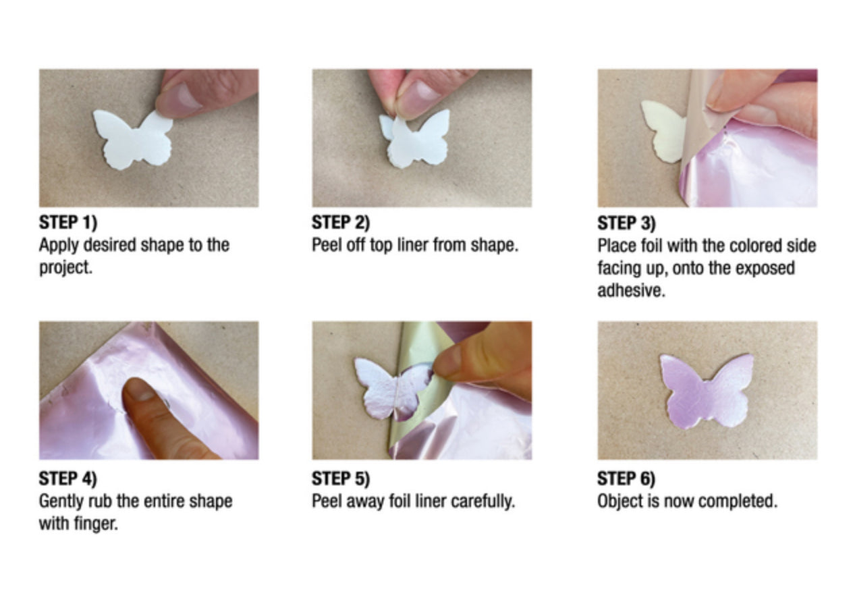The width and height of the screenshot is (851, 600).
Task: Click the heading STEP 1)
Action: [68, 222]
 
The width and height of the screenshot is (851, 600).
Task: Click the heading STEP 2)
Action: [341, 222]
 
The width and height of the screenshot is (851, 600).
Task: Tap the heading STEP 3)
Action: [626, 223]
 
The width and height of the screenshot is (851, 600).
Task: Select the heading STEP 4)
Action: [68, 479]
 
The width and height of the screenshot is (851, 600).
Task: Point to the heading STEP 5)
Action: [341, 479]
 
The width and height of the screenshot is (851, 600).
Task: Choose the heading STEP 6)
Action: [626, 479]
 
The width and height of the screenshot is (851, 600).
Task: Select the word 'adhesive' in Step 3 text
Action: [630, 291]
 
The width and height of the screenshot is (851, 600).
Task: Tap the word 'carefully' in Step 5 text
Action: [483, 502]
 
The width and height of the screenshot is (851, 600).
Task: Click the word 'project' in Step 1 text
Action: [65, 268]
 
